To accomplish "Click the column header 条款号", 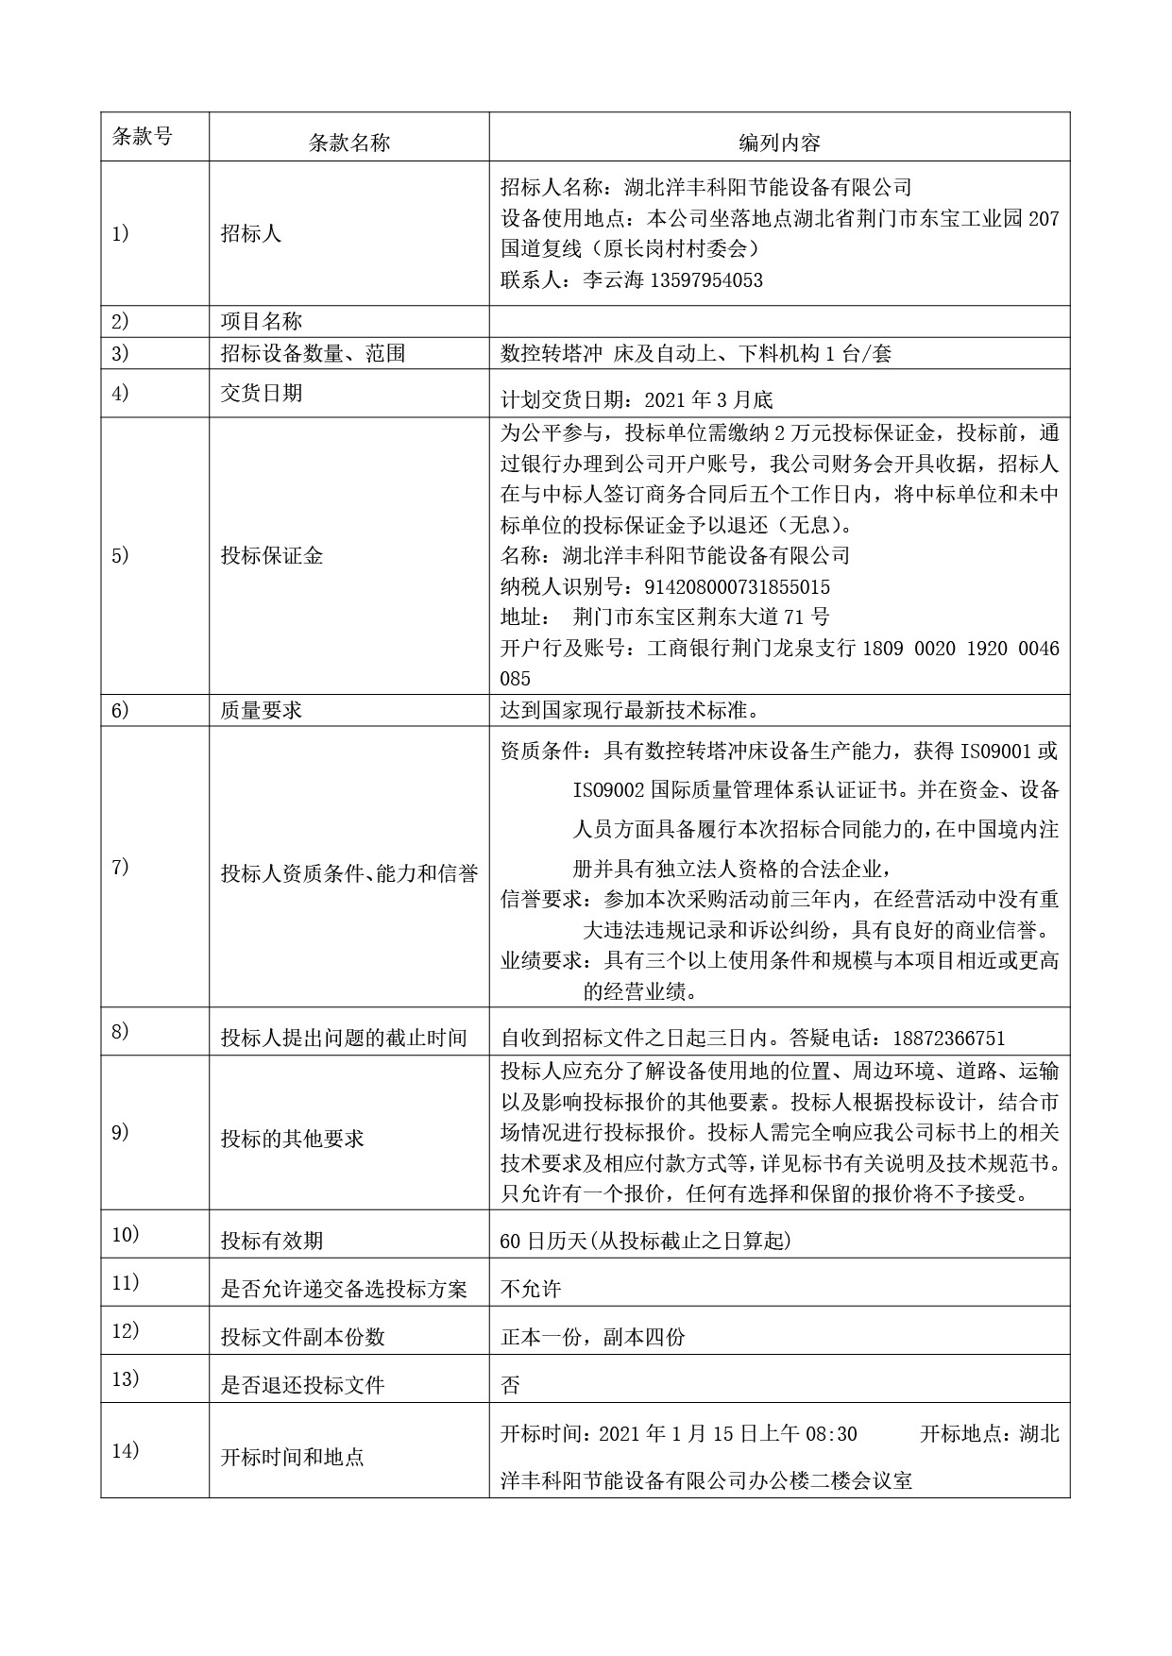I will [x=143, y=136].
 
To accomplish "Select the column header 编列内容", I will [x=779, y=143].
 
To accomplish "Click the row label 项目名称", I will [x=262, y=321].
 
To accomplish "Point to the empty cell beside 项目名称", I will [x=779, y=321].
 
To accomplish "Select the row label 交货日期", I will [x=262, y=393].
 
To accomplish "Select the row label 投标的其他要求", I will [x=292, y=1139].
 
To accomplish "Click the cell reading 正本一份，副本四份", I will [x=592, y=1337].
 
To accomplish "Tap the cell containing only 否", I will [x=510, y=1385].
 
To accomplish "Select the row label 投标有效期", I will [x=272, y=1241].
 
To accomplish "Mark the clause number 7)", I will [x=120, y=867].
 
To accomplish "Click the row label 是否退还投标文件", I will [x=302, y=1385].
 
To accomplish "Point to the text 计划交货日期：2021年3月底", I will [x=637, y=400].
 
